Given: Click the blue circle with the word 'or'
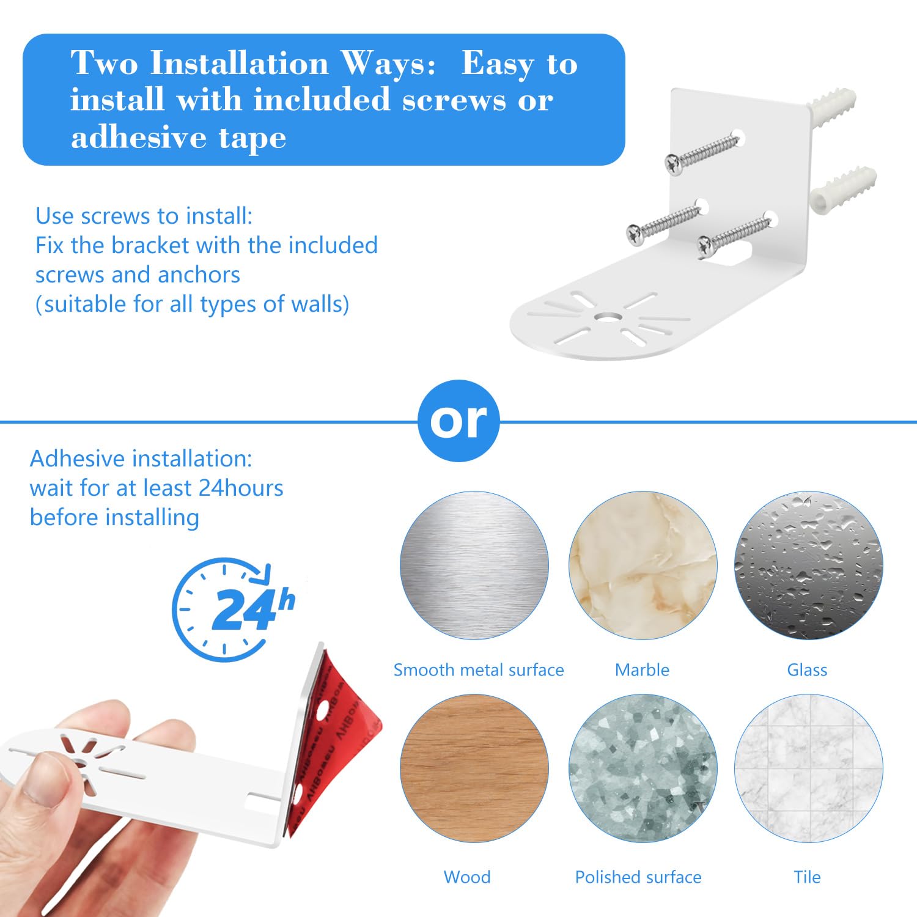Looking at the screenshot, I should pyautogui.click(x=458, y=421).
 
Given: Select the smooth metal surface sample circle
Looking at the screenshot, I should pyautogui.click(x=474, y=565).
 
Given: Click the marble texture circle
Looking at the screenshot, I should pyautogui.click(x=643, y=565).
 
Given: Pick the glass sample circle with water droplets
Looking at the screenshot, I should pyautogui.click(x=808, y=565).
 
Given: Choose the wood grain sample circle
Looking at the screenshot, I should pyautogui.click(x=474, y=768).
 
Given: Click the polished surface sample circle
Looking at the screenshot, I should pyautogui.click(x=643, y=768).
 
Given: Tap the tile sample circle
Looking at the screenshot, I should pyautogui.click(x=808, y=768).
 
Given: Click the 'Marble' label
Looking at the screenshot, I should pyautogui.click(x=642, y=670).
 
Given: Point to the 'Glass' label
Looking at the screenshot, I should pyautogui.click(x=807, y=670).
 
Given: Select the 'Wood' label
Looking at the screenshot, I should pyautogui.click(x=467, y=877).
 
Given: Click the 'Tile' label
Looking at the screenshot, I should pyautogui.click(x=807, y=877).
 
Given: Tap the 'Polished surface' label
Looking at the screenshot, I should pyautogui.click(x=638, y=877).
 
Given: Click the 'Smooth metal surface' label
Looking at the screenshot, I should pyautogui.click(x=478, y=670).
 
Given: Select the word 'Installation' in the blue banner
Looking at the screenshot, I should pyautogui.click(x=240, y=64).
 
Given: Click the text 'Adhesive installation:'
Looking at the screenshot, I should pyautogui.click(x=141, y=458).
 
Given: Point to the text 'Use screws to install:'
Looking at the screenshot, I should pyautogui.click(x=144, y=216).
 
